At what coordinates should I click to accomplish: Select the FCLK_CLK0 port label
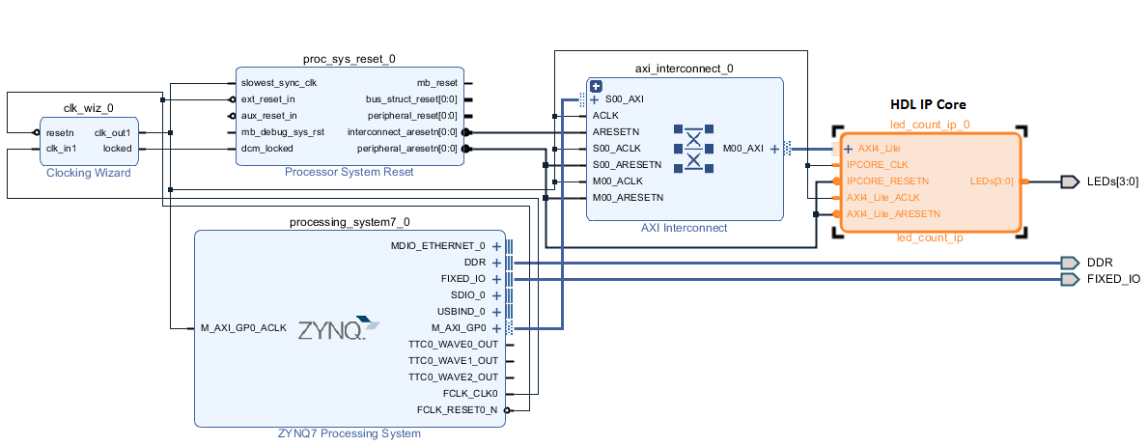(469, 393)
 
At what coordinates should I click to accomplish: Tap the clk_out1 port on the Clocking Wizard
(112, 132)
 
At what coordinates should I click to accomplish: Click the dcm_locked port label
(267, 149)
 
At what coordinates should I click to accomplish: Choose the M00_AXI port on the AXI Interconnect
(743, 149)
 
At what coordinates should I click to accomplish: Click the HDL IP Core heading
(928, 104)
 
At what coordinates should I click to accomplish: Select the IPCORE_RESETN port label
(887, 181)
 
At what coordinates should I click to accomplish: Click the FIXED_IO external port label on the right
(1113, 279)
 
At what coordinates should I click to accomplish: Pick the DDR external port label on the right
(1100, 263)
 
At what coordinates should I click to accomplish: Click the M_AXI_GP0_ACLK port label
(243, 328)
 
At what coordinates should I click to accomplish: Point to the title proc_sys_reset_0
(349, 59)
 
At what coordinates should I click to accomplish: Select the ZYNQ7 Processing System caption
(349, 433)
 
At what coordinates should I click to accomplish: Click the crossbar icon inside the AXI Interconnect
(692, 148)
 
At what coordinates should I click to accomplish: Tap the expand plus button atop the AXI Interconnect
(596, 86)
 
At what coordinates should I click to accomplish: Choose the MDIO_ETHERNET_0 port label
(438, 246)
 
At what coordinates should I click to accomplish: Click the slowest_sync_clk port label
(279, 83)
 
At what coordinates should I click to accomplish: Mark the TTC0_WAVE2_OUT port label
(454, 376)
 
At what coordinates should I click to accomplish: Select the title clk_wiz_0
(89, 109)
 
